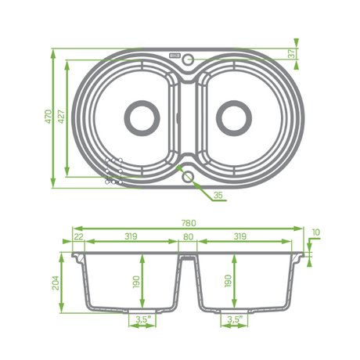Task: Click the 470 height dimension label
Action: click(49, 117)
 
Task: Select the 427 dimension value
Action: click(61, 117)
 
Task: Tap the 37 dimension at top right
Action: click(292, 53)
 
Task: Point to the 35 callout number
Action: click(218, 195)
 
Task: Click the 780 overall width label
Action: click(189, 223)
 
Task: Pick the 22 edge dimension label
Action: click(79, 236)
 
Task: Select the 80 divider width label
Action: click(188, 236)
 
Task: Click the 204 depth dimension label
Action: click(56, 283)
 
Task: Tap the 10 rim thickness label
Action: click(316, 232)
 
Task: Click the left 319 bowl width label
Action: click(131, 236)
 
